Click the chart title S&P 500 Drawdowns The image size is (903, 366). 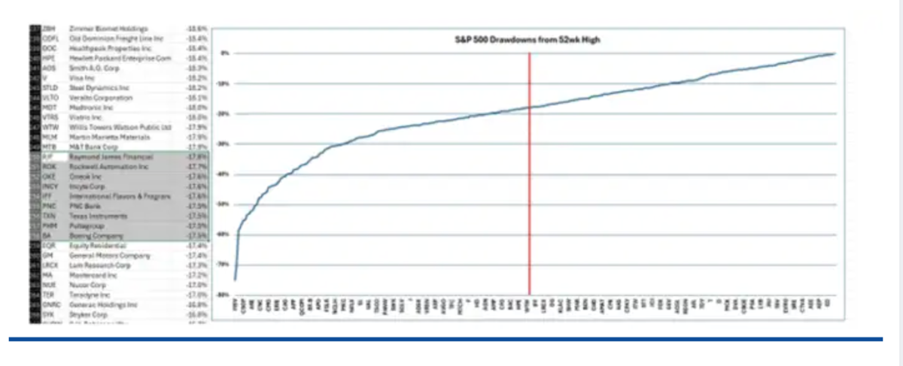coord(524,40)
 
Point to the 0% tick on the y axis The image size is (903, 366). coord(223,53)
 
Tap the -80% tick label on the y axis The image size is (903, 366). coord(223,295)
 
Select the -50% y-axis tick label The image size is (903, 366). coord(223,204)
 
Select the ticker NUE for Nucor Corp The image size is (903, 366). coord(49,285)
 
